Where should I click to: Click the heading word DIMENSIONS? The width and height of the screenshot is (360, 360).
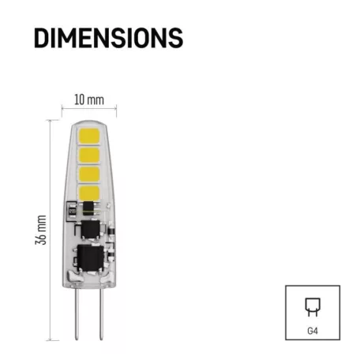tap(109, 37)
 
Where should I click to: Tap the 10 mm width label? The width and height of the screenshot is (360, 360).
tap(88, 101)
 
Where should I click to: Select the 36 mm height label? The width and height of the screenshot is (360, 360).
tap(43, 229)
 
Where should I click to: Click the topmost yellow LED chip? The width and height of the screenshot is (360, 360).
tap(89, 134)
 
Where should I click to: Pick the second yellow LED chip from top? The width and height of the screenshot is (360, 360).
tap(89, 153)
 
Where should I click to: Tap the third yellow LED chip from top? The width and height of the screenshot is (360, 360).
tap(89, 172)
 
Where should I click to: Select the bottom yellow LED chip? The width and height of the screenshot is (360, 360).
tap(89, 190)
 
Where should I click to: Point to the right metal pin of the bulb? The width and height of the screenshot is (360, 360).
tap(100, 316)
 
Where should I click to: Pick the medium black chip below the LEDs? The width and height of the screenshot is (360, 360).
tap(89, 227)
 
